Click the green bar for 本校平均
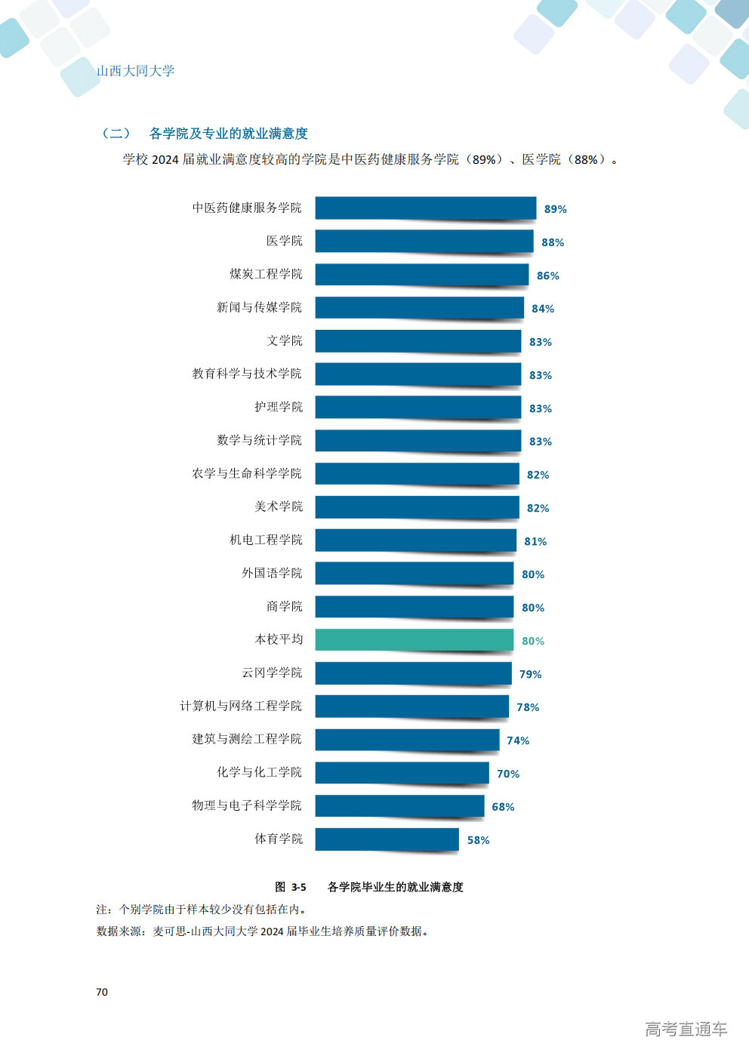[x=415, y=639]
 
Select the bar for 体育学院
[x=387, y=839]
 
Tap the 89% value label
[x=555, y=209]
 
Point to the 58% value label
[x=478, y=840]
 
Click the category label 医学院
[x=284, y=241]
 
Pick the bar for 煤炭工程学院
[x=422, y=274]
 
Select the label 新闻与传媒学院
[x=259, y=307]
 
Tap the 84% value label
[x=543, y=309]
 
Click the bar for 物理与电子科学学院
[x=399, y=805]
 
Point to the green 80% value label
[x=533, y=641]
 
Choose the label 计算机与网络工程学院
[x=241, y=706]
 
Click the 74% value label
[x=518, y=740]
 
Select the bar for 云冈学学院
[x=413, y=673]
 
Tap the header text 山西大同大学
[x=136, y=71]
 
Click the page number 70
[x=102, y=992]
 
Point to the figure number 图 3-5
[x=291, y=887]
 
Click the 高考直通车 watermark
[x=686, y=1029]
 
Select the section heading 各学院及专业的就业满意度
[x=228, y=134]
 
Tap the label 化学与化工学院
[x=259, y=772]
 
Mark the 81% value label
[x=535, y=541]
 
